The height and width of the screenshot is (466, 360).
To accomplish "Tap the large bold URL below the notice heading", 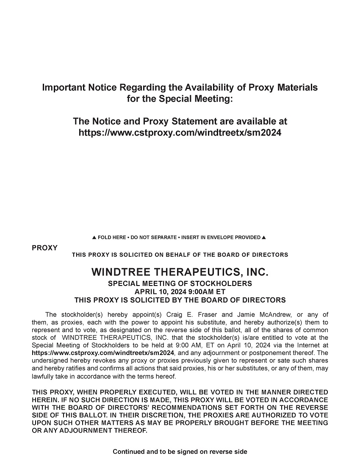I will tap(180, 133).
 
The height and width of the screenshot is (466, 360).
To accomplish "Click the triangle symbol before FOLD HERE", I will tap(94, 237).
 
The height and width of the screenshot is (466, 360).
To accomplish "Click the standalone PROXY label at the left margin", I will tap(44, 248).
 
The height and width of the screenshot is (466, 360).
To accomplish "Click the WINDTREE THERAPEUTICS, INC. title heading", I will tap(180, 272).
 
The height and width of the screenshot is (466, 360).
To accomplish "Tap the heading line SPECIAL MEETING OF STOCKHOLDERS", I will tap(180, 283).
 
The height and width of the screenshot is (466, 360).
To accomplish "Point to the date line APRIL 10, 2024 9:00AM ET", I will tap(180, 292).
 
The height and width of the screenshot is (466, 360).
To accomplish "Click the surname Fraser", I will tap(207, 314).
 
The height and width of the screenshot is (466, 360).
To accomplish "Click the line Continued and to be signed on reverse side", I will tap(180, 452).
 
